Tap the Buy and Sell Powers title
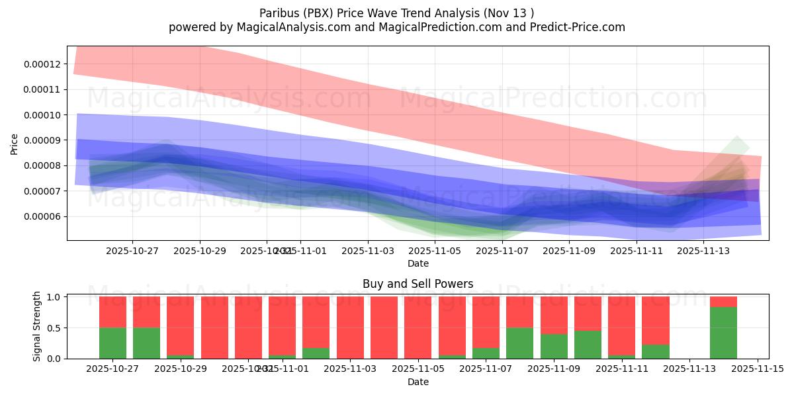coord(418,284)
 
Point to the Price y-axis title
coord(15,144)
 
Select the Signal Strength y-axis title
coord(37,326)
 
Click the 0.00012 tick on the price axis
coord(42,64)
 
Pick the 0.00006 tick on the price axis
coord(42,217)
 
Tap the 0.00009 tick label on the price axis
coord(42,140)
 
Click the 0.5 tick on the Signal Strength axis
coord(54,328)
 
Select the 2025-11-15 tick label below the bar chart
coord(757,369)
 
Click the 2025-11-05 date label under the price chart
coord(435,251)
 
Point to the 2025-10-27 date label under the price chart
coord(132,251)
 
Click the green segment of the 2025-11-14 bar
coord(723,333)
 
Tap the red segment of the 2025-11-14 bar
coord(723,302)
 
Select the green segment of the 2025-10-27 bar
coord(112,343)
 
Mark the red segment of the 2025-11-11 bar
coord(621,324)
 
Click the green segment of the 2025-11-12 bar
coord(655,351)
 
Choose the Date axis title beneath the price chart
coord(418,263)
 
